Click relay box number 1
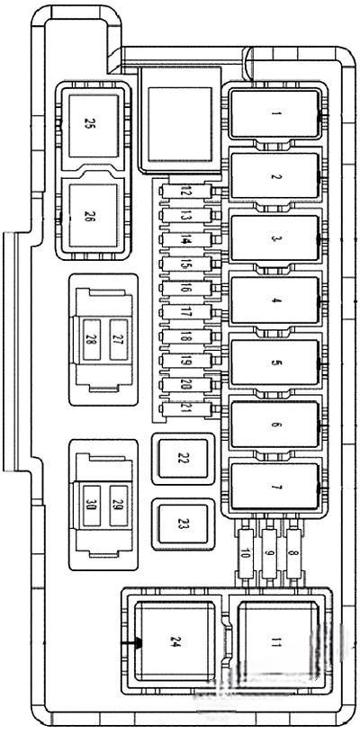point(275,113)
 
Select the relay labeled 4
point(275,300)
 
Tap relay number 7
point(275,487)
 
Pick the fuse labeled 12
point(186,192)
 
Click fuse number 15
point(186,264)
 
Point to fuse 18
point(186,336)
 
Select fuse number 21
point(186,408)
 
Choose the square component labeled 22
point(183,459)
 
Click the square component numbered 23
point(183,524)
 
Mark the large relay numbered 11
point(278,641)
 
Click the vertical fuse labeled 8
point(293,554)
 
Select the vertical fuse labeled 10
point(246,554)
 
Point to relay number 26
point(94,215)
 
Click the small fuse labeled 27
point(118,340)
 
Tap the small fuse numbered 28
point(92,340)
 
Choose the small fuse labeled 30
point(92,506)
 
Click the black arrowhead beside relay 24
point(139,643)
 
